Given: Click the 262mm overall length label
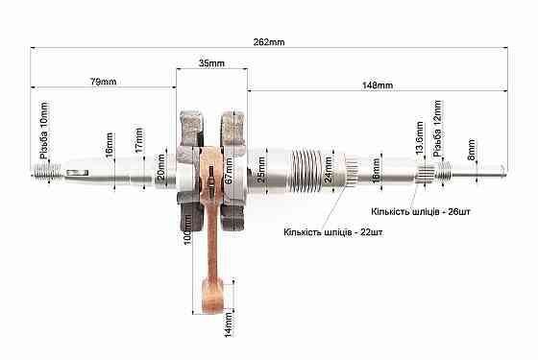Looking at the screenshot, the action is pyautogui.click(x=269, y=42).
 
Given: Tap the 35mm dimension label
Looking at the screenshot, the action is pyautogui.click(x=211, y=63).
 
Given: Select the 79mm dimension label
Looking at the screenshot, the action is pyautogui.click(x=104, y=82).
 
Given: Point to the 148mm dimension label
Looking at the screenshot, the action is pyautogui.click(x=378, y=85).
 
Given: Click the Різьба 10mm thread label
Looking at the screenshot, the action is pyautogui.click(x=44, y=131).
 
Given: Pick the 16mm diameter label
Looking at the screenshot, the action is pyautogui.click(x=110, y=145).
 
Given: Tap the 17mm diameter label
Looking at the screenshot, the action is pyautogui.click(x=138, y=140).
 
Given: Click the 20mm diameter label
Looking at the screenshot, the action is pyautogui.click(x=160, y=167).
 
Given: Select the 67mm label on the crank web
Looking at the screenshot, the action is pyautogui.click(x=230, y=171).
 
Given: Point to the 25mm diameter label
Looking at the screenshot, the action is pyautogui.click(x=261, y=170).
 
